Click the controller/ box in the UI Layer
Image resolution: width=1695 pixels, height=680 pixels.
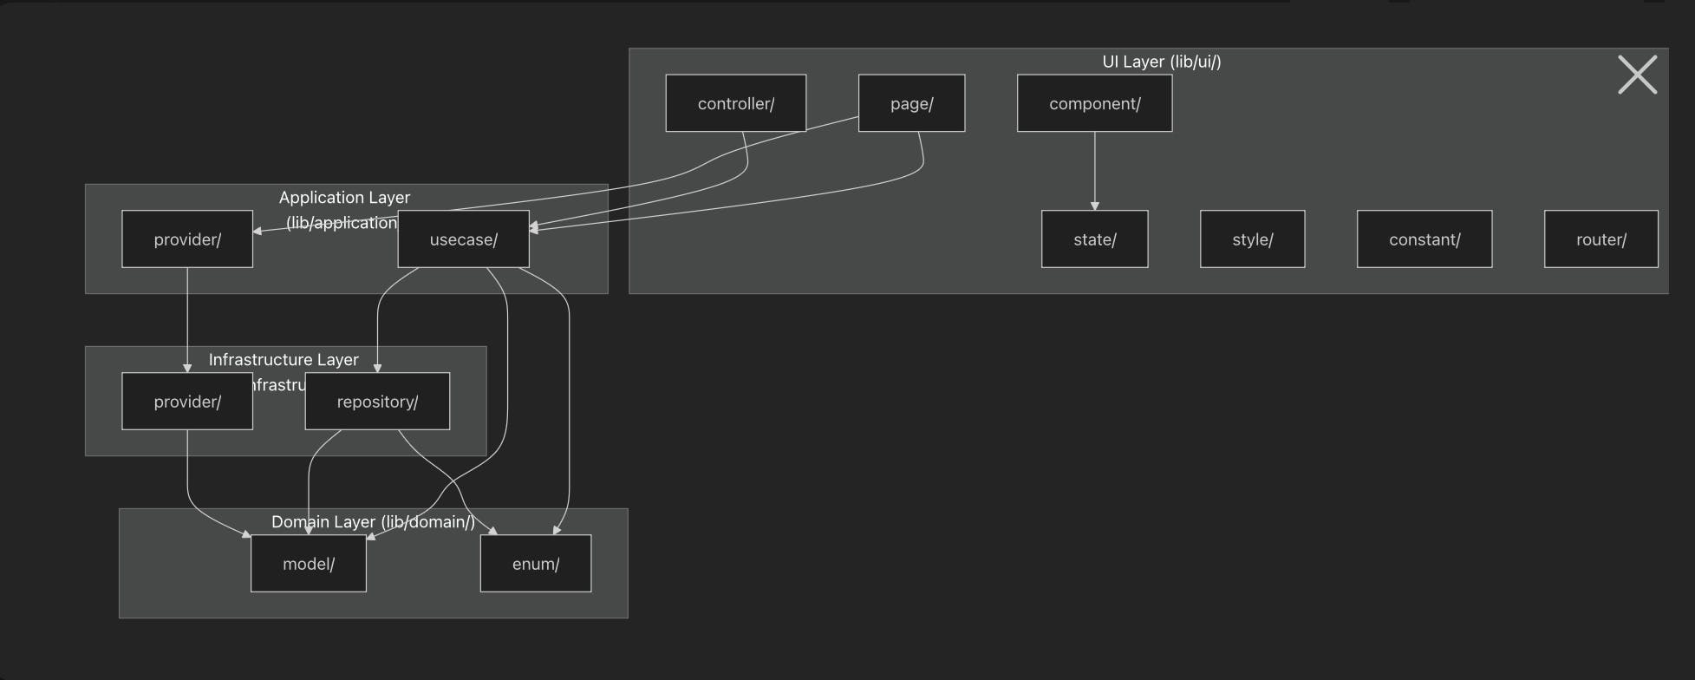(x=735, y=103)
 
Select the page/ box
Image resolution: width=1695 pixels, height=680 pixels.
(x=911, y=103)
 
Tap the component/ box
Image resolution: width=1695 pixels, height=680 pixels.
(x=1094, y=103)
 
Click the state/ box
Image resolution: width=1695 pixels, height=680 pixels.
(x=1094, y=239)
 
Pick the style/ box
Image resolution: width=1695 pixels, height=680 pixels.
(x=1252, y=239)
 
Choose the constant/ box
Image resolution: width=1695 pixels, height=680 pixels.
(x=1424, y=239)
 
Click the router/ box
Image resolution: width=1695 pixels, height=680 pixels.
(x=1600, y=239)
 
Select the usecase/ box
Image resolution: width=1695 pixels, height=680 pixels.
(x=463, y=239)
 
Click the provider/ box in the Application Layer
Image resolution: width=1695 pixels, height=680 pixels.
(x=187, y=239)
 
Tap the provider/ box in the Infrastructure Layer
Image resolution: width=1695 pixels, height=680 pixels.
(x=187, y=402)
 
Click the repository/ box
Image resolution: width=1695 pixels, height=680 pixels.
(x=377, y=402)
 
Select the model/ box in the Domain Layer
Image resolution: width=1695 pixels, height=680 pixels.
(x=308, y=564)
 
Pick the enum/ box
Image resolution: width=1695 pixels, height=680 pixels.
(x=536, y=564)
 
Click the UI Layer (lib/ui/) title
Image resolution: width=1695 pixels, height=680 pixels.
(x=1161, y=62)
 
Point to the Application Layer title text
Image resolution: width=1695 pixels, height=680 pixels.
(x=344, y=198)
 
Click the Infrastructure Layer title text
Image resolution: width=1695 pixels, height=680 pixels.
(x=284, y=359)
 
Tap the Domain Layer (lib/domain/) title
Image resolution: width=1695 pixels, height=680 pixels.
(x=373, y=521)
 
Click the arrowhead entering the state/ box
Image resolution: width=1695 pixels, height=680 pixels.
(x=1094, y=206)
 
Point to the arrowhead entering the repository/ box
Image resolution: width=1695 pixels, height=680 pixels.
(x=377, y=368)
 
